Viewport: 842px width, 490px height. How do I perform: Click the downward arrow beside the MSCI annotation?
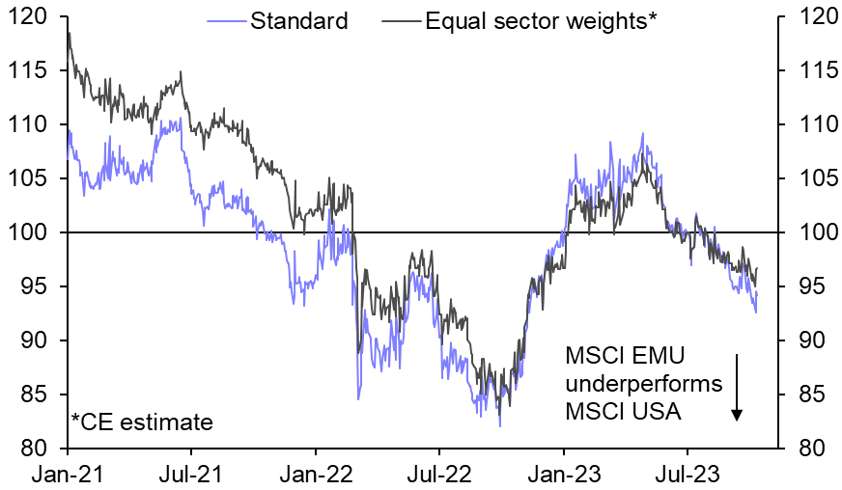tap(737, 386)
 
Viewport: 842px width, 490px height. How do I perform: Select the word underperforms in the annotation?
tap(643, 384)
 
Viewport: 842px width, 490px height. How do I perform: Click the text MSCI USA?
tap(625, 412)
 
